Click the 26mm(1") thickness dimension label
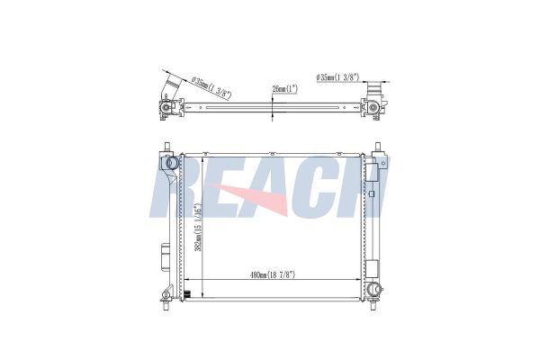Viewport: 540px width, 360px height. point(284,89)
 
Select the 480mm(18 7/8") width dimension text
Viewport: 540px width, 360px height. point(273,274)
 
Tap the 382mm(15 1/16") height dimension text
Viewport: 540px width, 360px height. point(198,228)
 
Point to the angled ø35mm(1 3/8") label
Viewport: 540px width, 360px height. point(211,88)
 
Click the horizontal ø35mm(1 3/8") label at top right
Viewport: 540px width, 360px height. point(337,77)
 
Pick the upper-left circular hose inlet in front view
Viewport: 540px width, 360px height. point(171,162)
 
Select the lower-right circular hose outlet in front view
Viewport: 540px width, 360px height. point(373,289)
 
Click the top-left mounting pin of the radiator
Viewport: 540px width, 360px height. point(167,147)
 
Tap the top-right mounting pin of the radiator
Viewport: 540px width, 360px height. point(377,147)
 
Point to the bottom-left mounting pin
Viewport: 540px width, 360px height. point(166,305)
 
